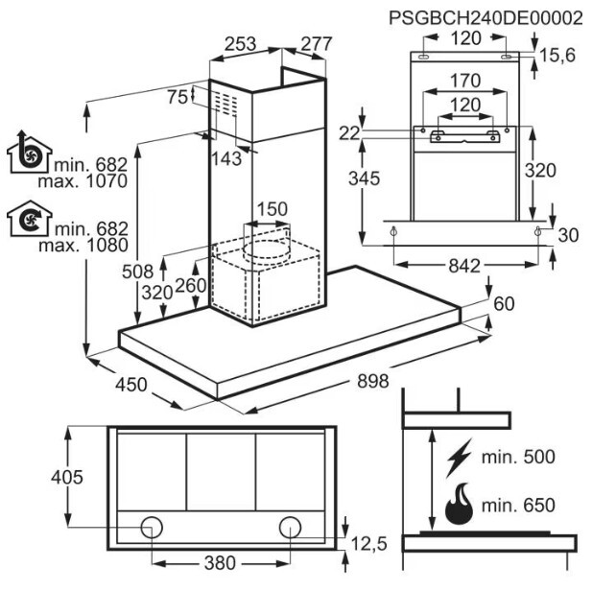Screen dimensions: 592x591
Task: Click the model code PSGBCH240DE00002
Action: pyautogui.click(x=485, y=17)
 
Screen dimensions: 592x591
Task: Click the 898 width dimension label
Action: pyautogui.click(x=372, y=381)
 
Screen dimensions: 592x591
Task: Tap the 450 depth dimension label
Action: pyautogui.click(x=131, y=385)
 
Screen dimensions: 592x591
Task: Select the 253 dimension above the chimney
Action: pyautogui.click(x=241, y=44)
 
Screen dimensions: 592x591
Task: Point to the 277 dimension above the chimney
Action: pyautogui.click(x=317, y=44)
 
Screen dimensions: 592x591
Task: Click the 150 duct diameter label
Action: pyautogui.click(x=272, y=209)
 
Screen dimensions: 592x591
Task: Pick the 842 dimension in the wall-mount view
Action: pyautogui.click(x=464, y=266)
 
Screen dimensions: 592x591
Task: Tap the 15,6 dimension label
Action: pyautogui.click(x=557, y=55)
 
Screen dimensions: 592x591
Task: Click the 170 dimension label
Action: pyautogui.click(x=465, y=81)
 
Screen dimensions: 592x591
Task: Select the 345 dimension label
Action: pyautogui.click(x=364, y=178)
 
